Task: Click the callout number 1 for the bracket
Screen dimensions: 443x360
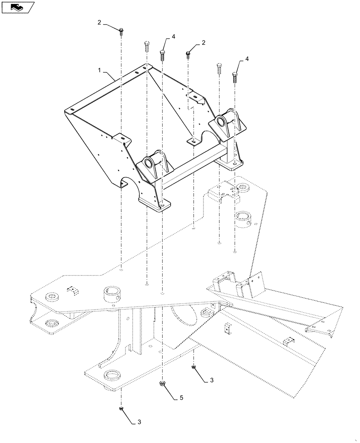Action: coord(100,70)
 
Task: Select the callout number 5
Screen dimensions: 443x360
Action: coord(181,398)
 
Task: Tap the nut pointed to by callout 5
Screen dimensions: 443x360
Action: coord(163,384)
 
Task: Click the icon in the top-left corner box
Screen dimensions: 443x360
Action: coord(18,7)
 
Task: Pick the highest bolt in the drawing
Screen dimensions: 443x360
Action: coord(121,31)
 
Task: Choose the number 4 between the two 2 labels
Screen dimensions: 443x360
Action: coord(173,37)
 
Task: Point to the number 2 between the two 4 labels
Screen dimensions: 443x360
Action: coord(203,43)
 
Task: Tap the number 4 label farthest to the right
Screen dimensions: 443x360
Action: coord(247,59)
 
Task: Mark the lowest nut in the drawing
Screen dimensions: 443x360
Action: coord(121,408)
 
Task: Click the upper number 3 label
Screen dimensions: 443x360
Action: coord(211,380)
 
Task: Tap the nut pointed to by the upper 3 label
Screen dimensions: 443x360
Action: coord(194,367)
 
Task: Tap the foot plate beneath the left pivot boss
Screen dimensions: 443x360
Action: coord(155,205)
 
